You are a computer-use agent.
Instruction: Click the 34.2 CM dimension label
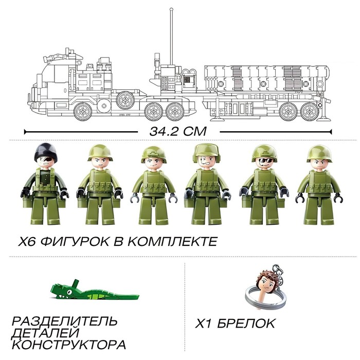[178, 131]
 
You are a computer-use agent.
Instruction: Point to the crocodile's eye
[69, 292]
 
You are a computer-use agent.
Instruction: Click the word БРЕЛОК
[246, 323]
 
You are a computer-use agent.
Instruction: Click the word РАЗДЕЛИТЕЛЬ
[64, 321]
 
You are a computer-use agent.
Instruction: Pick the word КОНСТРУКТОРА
[69, 345]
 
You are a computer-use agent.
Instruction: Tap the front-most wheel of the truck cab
[83, 112]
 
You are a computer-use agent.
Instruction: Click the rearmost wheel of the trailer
[310, 112]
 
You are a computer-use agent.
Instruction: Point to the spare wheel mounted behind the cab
[125, 100]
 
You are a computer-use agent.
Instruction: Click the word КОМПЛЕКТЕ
[172, 242]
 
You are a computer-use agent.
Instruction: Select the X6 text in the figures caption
[27, 242]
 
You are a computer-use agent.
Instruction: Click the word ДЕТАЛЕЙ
[45, 333]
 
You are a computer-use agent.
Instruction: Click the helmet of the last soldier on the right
[319, 153]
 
